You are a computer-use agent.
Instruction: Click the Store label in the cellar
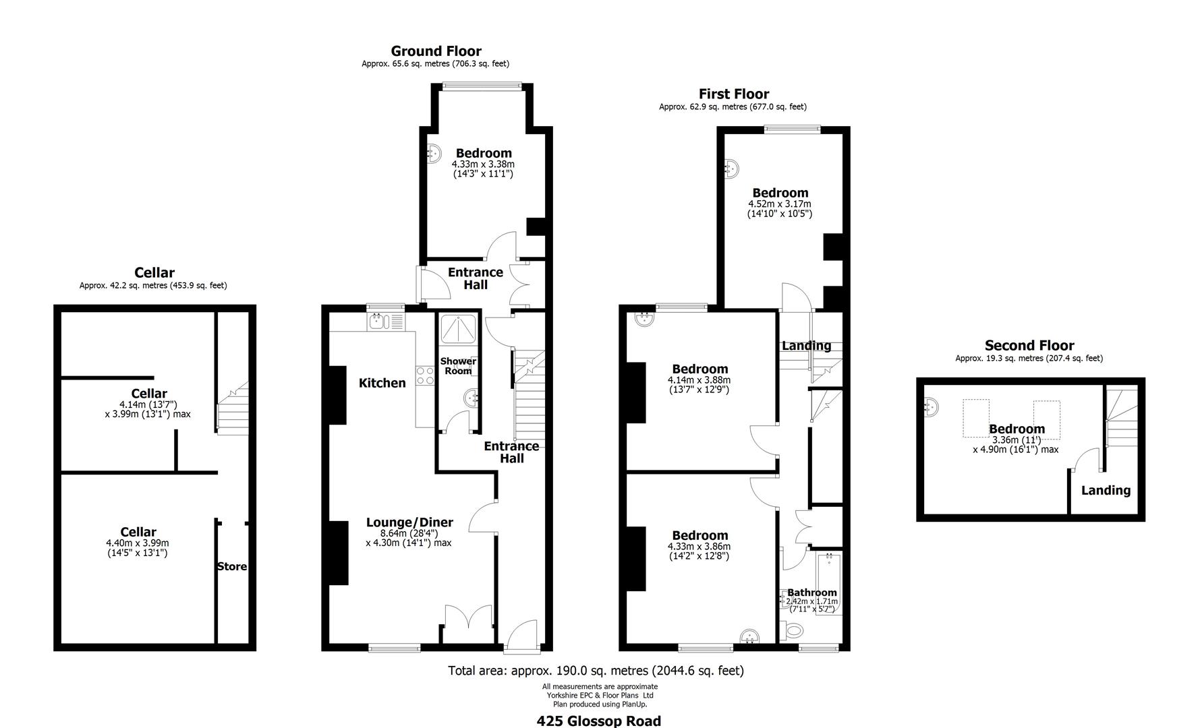click(231, 567)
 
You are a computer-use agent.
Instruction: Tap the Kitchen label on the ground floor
click(382, 383)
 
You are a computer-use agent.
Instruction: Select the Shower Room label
click(458, 366)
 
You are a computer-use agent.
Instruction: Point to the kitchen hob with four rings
click(425, 375)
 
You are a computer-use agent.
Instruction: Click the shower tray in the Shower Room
click(458, 330)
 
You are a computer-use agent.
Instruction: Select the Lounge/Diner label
click(409, 522)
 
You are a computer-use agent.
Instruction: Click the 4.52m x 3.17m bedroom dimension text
click(779, 204)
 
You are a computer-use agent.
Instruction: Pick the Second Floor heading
click(1029, 346)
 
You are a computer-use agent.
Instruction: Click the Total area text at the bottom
click(596, 671)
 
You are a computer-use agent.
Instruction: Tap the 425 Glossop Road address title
click(598, 721)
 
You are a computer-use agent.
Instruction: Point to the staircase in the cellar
click(233, 408)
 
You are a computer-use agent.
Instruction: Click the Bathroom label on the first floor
click(811, 593)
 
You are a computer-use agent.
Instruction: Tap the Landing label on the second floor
click(1105, 491)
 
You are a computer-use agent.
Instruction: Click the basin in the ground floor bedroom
click(434, 154)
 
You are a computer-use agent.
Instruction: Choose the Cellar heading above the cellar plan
click(154, 273)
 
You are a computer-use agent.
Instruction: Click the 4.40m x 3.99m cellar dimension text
click(138, 543)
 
